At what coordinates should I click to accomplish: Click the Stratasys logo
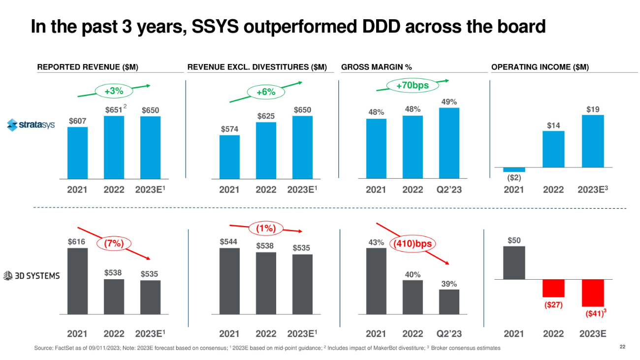(x=31, y=125)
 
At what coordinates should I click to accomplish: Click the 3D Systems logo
(x=32, y=276)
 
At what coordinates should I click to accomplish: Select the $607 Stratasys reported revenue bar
(x=77, y=152)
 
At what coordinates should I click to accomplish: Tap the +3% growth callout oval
(x=113, y=91)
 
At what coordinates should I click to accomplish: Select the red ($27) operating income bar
(x=553, y=288)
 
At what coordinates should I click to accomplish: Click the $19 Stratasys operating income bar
(x=593, y=141)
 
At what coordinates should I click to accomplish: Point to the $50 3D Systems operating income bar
(x=514, y=262)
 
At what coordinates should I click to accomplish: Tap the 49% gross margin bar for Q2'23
(x=449, y=142)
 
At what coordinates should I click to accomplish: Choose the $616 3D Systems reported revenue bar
(x=77, y=281)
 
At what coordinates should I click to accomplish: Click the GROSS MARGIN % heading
(x=376, y=67)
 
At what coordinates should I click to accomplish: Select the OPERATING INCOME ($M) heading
(x=540, y=67)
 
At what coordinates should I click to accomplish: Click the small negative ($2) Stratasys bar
(x=514, y=169)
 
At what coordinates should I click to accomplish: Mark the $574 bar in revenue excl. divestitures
(x=229, y=156)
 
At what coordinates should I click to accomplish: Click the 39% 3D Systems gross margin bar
(x=449, y=301)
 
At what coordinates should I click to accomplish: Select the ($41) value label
(x=591, y=313)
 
